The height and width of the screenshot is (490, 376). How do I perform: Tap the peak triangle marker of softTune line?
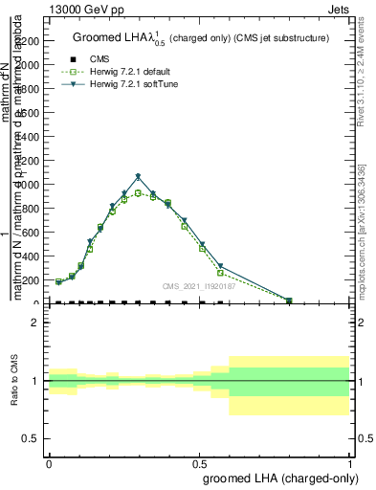click(139, 177)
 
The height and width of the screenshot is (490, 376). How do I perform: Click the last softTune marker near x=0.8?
click(289, 301)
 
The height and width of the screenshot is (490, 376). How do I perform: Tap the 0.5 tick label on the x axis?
click(199, 462)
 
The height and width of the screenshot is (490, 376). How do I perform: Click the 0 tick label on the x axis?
click(49, 462)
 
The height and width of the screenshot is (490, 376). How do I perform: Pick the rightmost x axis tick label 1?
click(349, 462)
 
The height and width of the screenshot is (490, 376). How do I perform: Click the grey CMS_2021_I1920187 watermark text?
click(197, 286)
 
